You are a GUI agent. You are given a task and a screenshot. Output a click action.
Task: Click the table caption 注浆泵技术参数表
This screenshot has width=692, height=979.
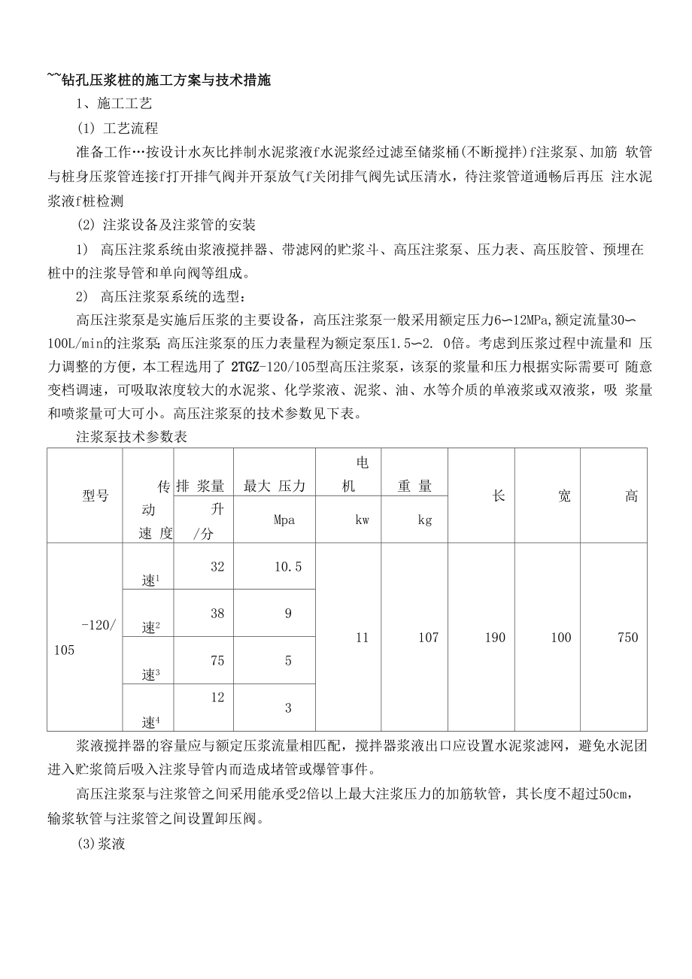click(131, 437)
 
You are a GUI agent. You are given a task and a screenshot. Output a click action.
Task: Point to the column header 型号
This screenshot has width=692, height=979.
click(96, 496)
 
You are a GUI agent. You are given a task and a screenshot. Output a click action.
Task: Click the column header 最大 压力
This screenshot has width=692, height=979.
click(275, 486)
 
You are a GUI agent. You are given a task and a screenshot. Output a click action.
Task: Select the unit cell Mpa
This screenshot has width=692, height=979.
click(275, 520)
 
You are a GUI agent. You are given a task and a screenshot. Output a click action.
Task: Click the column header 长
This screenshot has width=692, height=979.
click(498, 496)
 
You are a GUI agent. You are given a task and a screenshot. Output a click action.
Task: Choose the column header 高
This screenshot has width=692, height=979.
click(631, 496)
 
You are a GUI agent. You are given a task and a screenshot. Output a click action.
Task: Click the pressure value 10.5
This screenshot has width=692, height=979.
click(288, 567)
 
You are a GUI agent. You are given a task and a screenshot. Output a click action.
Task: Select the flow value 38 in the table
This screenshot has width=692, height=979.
click(217, 614)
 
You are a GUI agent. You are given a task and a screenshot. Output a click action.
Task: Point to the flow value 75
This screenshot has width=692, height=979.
click(217, 660)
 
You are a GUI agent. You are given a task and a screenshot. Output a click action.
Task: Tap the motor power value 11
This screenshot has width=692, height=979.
click(362, 638)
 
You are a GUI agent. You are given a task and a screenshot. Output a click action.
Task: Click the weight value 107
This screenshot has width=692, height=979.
click(428, 638)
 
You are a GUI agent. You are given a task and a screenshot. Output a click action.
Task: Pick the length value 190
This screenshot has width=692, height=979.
click(495, 638)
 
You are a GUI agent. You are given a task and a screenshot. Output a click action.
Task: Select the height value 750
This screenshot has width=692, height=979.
click(627, 638)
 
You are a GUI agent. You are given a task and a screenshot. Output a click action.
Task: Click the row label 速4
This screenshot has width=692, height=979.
click(151, 723)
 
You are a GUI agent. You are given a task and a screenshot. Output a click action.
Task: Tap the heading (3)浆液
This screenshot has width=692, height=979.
click(101, 844)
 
